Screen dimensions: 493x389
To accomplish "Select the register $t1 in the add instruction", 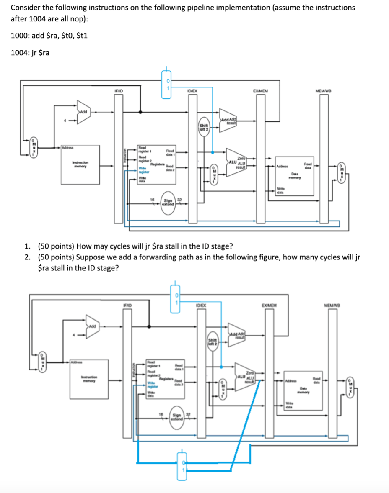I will pyautogui.click(x=80, y=36).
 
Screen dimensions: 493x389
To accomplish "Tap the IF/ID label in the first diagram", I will pyautogui.click(x=118, y=90).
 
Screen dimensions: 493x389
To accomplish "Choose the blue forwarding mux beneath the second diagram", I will pyautogui.click(x=182, y=461).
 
